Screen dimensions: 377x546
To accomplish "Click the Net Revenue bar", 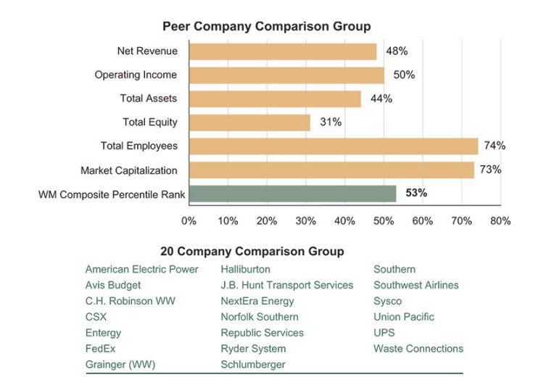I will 283,51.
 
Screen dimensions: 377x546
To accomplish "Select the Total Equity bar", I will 249,123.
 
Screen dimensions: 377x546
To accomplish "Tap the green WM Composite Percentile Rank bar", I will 292,194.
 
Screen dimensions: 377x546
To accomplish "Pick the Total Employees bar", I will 334,146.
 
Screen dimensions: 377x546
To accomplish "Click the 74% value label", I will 495,146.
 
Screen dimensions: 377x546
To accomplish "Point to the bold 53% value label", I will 416,194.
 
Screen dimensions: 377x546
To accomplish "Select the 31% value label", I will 331,123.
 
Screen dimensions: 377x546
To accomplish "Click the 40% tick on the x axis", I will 344,220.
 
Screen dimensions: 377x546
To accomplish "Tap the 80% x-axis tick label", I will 500,220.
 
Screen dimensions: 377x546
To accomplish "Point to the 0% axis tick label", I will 189,220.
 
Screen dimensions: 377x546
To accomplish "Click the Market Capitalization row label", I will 128,170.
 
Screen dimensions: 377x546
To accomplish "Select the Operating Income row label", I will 136,75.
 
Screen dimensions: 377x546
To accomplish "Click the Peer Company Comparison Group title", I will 266,27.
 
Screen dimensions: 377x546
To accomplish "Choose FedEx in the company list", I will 100,349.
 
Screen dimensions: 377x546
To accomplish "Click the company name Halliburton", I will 245,270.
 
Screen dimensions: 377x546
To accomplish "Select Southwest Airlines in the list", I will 415,286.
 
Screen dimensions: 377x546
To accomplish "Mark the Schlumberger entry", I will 252,365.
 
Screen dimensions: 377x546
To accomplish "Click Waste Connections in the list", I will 418,349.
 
